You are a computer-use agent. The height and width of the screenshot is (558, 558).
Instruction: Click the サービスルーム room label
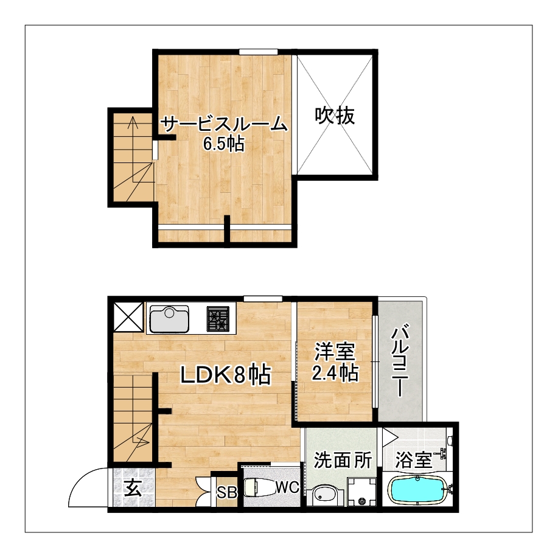click(x=224, y=125)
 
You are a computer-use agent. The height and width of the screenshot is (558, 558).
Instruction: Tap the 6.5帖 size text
click(x=223, y=144)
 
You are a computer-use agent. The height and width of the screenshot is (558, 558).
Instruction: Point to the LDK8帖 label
click(x=226, y=375)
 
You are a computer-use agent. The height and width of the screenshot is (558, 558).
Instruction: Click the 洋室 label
click(x=335, y=352)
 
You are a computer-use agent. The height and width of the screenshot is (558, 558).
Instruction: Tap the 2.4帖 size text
click(x=335, y=372)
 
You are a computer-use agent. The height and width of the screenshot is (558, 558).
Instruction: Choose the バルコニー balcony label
click(x=400, y=360)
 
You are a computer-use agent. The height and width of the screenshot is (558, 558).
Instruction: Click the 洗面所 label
click(x=343, y=460)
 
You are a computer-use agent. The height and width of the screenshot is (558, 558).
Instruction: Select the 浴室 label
click(x=414, y=460)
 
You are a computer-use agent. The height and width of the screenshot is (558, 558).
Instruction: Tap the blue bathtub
click(x=418, y=490)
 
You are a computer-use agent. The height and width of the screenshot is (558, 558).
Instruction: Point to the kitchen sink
click(x=169, y=318)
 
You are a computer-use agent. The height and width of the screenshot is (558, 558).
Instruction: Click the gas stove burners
click(x=218, y=319)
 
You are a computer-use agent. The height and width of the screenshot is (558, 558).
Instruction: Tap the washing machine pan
click(x=362, y=491)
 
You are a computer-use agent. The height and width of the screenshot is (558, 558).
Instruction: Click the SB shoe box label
click(x=227, y=492)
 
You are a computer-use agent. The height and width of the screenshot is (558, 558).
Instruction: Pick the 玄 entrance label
click(x=133, y=487)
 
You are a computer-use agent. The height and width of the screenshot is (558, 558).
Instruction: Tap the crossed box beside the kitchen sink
click(x=128, y=317)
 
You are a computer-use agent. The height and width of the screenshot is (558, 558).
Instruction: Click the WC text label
click(x=288, y=487)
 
